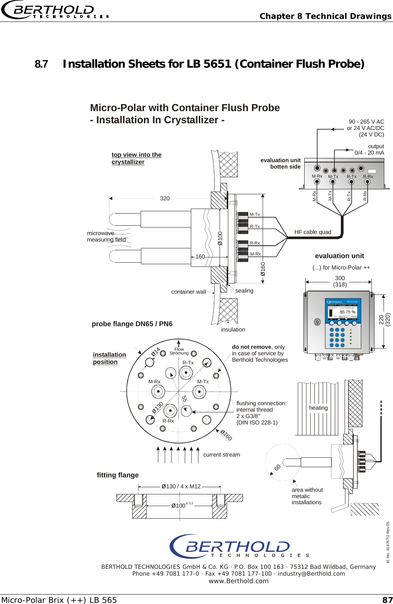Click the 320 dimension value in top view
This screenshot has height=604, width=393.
tap(165, 198)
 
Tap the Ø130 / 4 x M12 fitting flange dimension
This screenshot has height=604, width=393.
tap(181, 486)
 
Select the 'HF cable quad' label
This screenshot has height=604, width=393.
tap(313, 232)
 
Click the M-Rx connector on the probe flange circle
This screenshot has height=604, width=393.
tap(158, 391)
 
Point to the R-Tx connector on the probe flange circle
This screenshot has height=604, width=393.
tap(186, 373)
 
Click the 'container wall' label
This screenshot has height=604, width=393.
tap(189, 292)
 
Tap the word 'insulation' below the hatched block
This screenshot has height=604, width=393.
tap(233, 330)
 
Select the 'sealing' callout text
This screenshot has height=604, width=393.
tap(244, 291)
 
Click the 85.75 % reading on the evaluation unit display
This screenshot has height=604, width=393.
tap(347, 312)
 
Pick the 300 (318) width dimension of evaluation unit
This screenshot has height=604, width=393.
tap(340, 281)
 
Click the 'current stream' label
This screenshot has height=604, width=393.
tap(221, 455)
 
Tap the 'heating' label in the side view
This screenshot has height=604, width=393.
tap(318, 408)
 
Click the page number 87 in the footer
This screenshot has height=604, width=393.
tap(387, 600)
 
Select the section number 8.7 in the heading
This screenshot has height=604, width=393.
tap(41, 64)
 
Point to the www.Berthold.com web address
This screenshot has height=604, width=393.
tap(238, 581)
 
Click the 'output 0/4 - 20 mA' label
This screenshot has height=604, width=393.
tap(369, 149)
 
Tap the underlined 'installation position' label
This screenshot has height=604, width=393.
tap(109, 358)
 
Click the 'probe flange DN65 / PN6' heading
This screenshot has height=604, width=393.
tap(132, 324)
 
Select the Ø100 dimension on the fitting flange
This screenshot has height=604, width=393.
tap(178, 506)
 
